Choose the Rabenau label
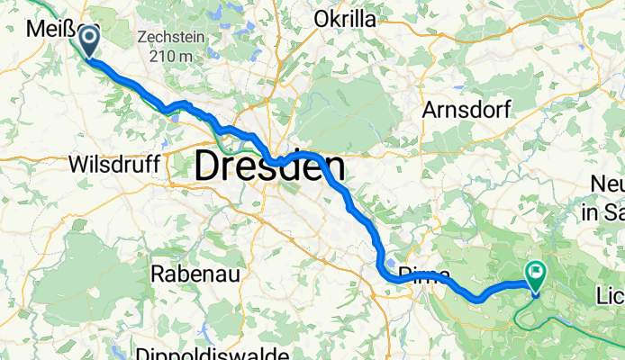click(x=188, y=272)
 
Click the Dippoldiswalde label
click(x=207, y=351)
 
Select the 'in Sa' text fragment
click(x=601, y=213)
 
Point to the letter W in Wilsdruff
click(x=77, y=165)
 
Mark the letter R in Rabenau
click(x=158, y=272)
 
